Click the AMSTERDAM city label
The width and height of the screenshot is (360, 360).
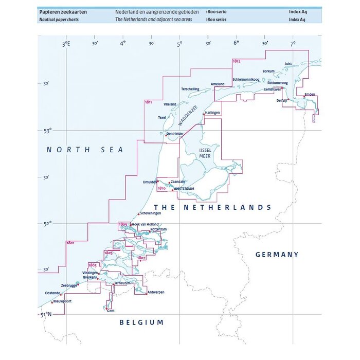(185, 189)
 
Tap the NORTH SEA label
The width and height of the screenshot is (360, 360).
(85, 150)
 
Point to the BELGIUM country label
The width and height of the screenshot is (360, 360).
(141, 322)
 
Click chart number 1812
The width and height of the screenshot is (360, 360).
(236, 61)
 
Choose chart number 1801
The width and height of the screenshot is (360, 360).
(70, 242)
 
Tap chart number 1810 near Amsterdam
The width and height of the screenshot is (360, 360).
(161, 189)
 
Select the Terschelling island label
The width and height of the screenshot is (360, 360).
(190, 89)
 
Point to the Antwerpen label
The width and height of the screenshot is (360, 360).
(155, 292)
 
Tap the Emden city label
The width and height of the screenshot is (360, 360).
(310, 95)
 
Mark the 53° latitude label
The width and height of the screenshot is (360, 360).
(47, 131)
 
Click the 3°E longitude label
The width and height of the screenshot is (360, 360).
(66, 45)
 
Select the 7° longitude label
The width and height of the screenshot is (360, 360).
(293, 45)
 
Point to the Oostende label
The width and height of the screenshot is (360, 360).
(52, 293)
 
